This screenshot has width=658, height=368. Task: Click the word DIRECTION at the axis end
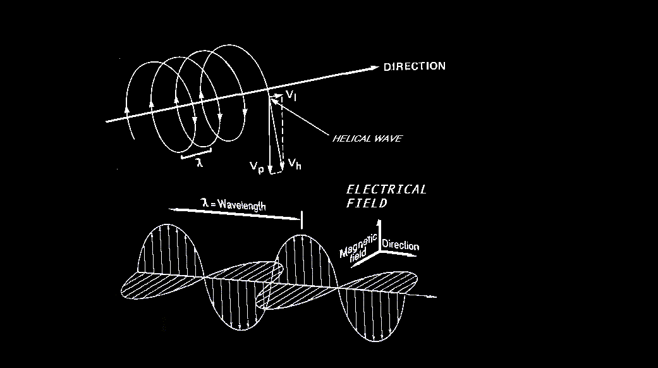tap(414, 66)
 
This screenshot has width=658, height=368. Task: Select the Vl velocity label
tap(291, 95)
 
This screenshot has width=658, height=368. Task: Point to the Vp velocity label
tap(256, 166)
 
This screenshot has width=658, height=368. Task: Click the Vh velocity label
tap(294, 164)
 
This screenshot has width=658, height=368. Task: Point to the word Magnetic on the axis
tap(357, 245)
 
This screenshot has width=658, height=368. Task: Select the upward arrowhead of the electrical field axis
tap(379, 222)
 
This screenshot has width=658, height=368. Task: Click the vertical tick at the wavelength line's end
tap(302, 220)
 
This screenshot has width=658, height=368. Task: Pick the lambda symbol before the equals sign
tap(204, 205)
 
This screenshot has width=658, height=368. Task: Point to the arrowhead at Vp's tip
tap(271, 169)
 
